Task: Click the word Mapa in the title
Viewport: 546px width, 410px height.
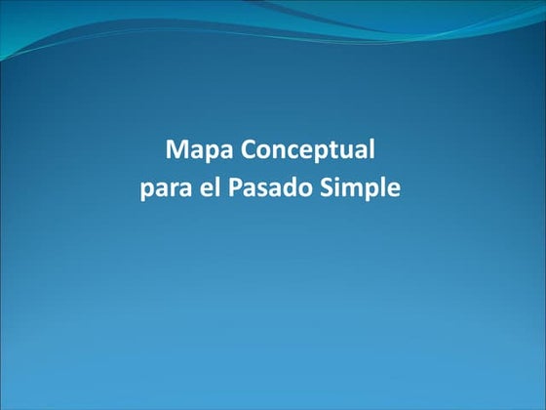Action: coord(200,152)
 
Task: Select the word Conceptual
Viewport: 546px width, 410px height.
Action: coord(307,152)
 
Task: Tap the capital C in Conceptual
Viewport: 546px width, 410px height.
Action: coord(248,151)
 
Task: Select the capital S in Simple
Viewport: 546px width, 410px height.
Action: coord(326,185)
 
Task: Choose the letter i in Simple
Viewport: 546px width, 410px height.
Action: coord(337,185)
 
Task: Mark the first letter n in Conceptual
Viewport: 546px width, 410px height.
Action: coord(277,153)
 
